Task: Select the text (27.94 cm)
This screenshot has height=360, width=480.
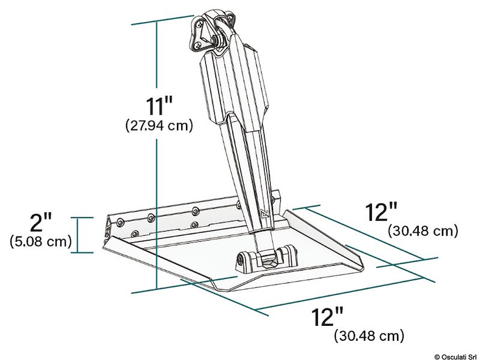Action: coord(158,126)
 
